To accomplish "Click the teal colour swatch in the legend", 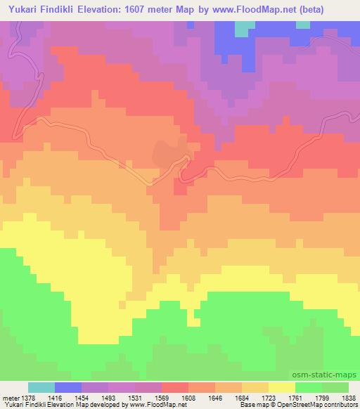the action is [x=41, y=387].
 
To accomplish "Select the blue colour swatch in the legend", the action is [x=68, y=387].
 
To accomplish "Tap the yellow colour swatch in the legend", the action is [x=282, y=387].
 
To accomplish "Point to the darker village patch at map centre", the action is [x=167, y=152].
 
